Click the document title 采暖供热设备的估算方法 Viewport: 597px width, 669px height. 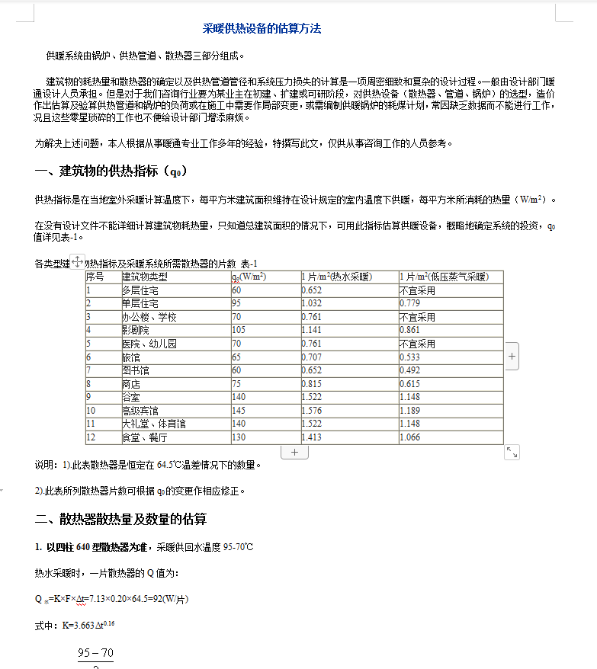coord(262,29)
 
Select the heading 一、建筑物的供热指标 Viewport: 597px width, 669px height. coord(111,171)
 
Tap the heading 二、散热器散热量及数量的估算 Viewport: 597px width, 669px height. coord(121,520)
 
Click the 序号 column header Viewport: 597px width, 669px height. coord(95,277)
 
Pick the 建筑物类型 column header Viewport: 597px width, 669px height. coord(145,277)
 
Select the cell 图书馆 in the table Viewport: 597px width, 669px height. coord(136,370)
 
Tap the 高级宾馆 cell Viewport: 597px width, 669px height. coord(140,411)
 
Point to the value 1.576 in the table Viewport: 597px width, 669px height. coord(312,411)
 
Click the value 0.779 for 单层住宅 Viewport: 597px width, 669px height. coord(409,303)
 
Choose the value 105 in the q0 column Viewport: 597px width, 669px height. coord(238,330)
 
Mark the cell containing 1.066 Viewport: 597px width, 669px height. coord(409,437)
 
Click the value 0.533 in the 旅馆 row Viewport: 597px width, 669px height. coord(409,357)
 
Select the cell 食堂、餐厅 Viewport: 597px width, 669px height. coord(144,437)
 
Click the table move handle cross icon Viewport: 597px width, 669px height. coord(78,261)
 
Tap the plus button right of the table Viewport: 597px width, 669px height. coord(512,356)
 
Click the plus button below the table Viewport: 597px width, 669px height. coord(294,452)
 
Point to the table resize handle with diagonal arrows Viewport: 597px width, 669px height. coord(512,453)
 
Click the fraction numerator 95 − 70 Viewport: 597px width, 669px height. coord(95,653)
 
